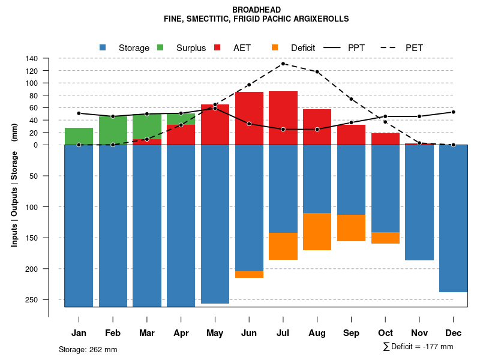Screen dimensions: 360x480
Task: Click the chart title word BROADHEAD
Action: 256,10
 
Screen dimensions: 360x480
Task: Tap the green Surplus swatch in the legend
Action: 160,47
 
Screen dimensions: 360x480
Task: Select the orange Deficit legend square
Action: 275,47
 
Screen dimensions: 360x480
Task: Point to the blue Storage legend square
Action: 103,47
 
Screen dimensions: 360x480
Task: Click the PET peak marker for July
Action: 283,64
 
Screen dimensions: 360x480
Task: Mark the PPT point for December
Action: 454,112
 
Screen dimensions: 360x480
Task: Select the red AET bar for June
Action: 249,118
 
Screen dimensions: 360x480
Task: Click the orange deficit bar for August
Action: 317,232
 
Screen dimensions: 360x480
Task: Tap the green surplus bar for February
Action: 113,130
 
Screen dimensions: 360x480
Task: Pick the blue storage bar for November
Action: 419,202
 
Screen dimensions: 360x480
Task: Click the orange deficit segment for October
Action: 385,238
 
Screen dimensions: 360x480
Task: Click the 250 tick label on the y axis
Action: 31,299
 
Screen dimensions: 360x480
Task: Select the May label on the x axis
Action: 215,333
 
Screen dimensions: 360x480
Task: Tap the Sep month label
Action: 351,333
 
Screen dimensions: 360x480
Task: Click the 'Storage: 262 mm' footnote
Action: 88,349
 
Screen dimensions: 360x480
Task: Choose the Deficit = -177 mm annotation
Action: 418,347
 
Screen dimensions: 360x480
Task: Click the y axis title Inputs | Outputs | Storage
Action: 14,185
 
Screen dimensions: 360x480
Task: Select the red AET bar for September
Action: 351,134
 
